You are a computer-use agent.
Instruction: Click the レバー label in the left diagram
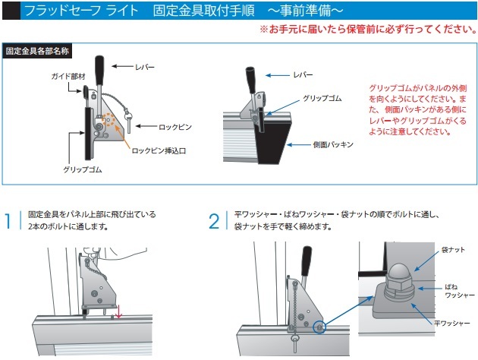(x=144, y=68)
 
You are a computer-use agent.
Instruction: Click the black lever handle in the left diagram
(x=99, y=66)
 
